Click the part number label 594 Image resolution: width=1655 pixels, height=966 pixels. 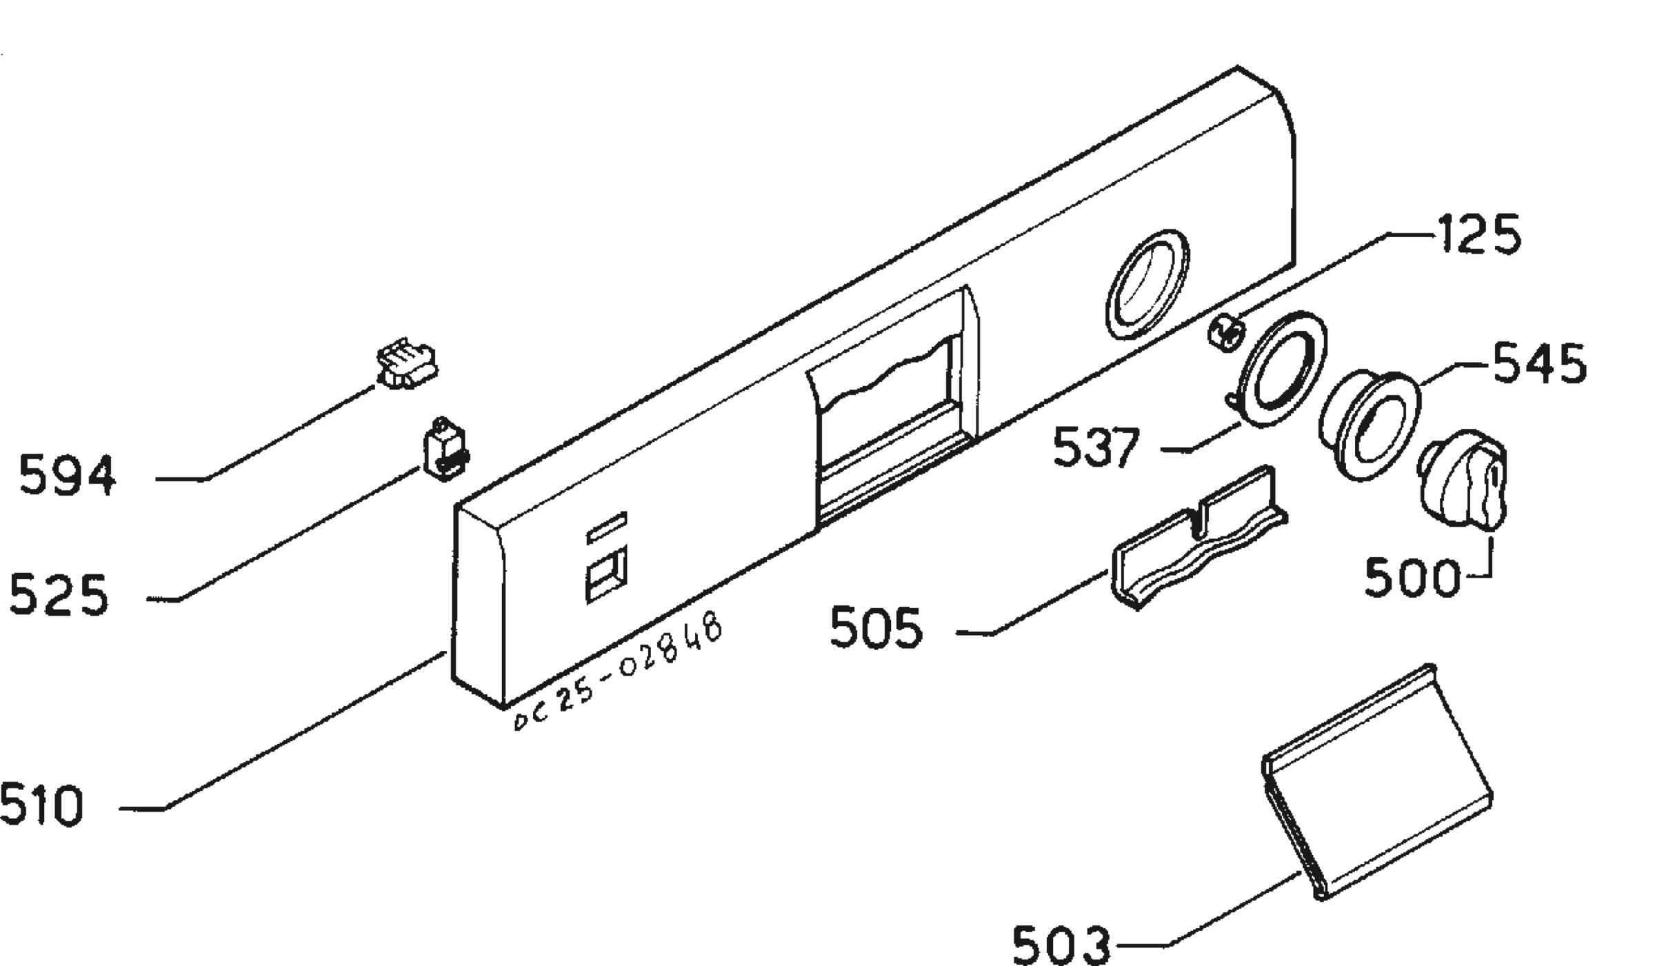tap(67, 475)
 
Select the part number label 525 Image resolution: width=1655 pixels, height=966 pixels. tap(59, 594)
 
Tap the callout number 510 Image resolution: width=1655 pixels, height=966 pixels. tap(41, 804)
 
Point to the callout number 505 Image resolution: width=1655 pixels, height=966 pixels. tap(876, 627)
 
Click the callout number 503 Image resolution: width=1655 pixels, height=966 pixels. tap(1061, 945)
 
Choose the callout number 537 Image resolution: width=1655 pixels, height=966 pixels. tap(1096, 447)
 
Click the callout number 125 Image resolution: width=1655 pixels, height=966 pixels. tap(1478, 234)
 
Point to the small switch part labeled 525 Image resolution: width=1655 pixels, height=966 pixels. tap(445, 448)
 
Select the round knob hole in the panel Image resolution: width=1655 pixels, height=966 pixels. tap(1147, 285)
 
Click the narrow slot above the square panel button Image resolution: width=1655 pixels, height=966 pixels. tap(607, 527)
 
